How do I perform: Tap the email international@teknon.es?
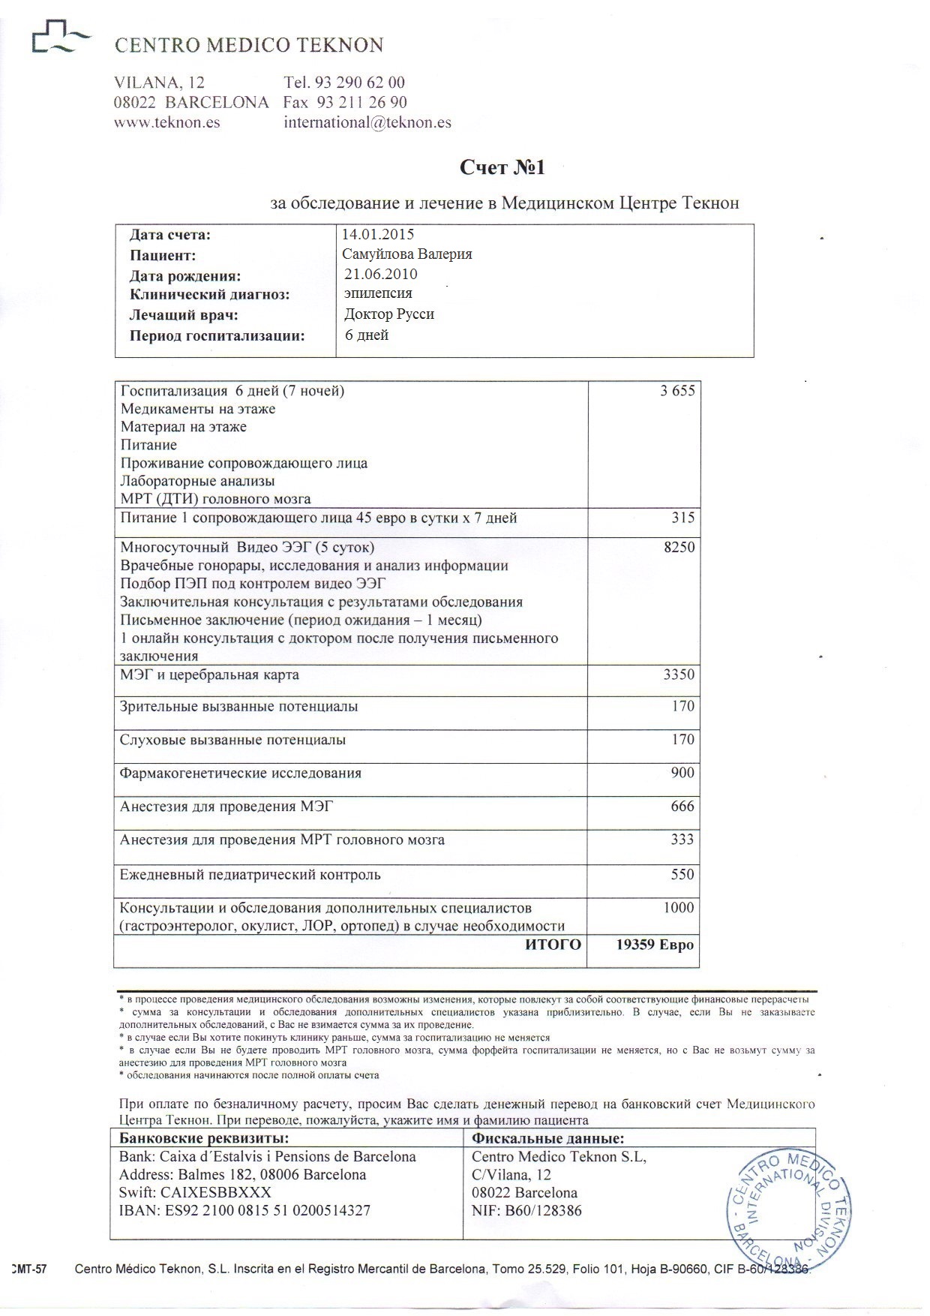click(367, 122)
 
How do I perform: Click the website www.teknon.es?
click(166, 122)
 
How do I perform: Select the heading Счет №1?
click(502, 168)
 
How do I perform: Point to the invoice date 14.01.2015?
click(377, 235)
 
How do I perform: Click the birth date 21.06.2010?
click(380, 275)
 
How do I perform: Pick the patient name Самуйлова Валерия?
click(406, 254)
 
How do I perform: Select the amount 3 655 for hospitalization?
click(677, 391)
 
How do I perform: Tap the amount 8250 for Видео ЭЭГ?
click(679, 548)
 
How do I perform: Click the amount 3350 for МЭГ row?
click(679, 675)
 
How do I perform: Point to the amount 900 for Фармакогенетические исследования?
click(683, 774)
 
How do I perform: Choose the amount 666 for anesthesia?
click(682, 807)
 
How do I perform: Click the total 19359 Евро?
click(654, 945)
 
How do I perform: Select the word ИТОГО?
click(553, 945)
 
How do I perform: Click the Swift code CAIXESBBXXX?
click(195, 1192)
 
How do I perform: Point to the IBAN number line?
click(244, 1210)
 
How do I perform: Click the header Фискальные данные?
click(548, 1138)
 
